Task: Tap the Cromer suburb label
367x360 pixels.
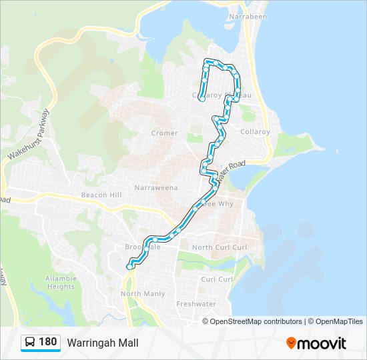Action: pos(164,133)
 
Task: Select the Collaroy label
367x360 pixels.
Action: pos(255,132)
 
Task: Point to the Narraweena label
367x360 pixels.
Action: pos(156,188)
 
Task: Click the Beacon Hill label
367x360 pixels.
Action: pos(101,194)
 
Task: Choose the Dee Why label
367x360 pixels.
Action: pos(220,204)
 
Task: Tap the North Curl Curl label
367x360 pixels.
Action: pos(220,247)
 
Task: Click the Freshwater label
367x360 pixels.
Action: pos(196,304)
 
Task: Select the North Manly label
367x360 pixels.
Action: pos(143,293)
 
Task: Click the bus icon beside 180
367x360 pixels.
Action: pos(30,343)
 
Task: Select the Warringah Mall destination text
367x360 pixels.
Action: pos(102,343)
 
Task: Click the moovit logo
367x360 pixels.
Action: pos(316,343)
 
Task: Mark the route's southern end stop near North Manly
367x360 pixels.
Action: pos(129,267)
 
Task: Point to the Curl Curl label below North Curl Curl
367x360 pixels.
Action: pos(217,279)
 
